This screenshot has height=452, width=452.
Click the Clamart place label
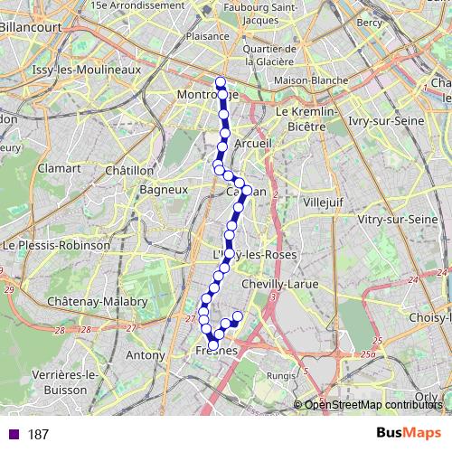point(59,168)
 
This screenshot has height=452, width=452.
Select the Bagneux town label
point(164,190)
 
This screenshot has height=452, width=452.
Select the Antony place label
point(145,355)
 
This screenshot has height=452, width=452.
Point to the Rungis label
point(281,376)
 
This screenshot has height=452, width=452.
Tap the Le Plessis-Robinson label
point(56,245)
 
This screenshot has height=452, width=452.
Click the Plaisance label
point(206,37)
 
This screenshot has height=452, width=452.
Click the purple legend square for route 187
point(12,435)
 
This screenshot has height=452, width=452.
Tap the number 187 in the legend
point(38,435)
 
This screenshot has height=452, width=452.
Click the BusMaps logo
point(401,434)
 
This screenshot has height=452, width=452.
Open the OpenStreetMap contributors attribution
point(376,404)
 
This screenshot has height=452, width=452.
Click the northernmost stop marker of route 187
point(220,82)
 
